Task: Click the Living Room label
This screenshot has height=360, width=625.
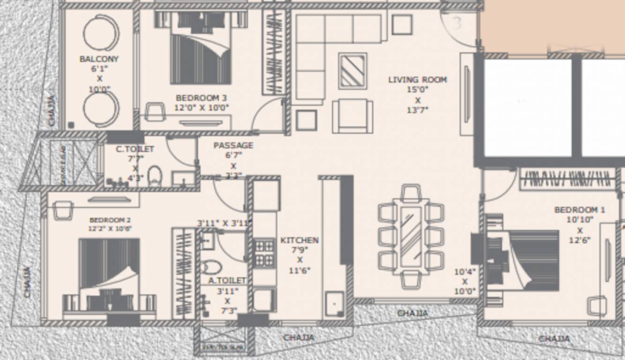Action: [417, 80]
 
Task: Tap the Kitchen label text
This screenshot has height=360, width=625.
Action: [299, 240]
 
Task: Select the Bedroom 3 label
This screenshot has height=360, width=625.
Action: [201, 98]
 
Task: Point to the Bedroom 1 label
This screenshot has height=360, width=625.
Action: [579, 210]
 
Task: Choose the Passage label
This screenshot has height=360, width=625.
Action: [233, 145]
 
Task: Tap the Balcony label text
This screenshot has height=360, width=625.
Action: [99, 59]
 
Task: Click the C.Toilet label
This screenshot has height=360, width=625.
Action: [135, 149]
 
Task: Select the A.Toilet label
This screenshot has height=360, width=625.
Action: [227, 280]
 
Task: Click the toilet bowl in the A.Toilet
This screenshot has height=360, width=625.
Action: [212, 267]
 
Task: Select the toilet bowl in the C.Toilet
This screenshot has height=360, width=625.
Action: [155, 176]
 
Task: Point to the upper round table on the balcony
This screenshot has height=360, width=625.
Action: [101, 33]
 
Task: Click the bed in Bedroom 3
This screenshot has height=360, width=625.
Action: [201, 49]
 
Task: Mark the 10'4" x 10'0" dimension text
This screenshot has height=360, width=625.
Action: [465, 281]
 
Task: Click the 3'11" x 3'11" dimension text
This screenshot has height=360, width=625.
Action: [224, 223]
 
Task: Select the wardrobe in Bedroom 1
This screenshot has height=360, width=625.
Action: [567, 179]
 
